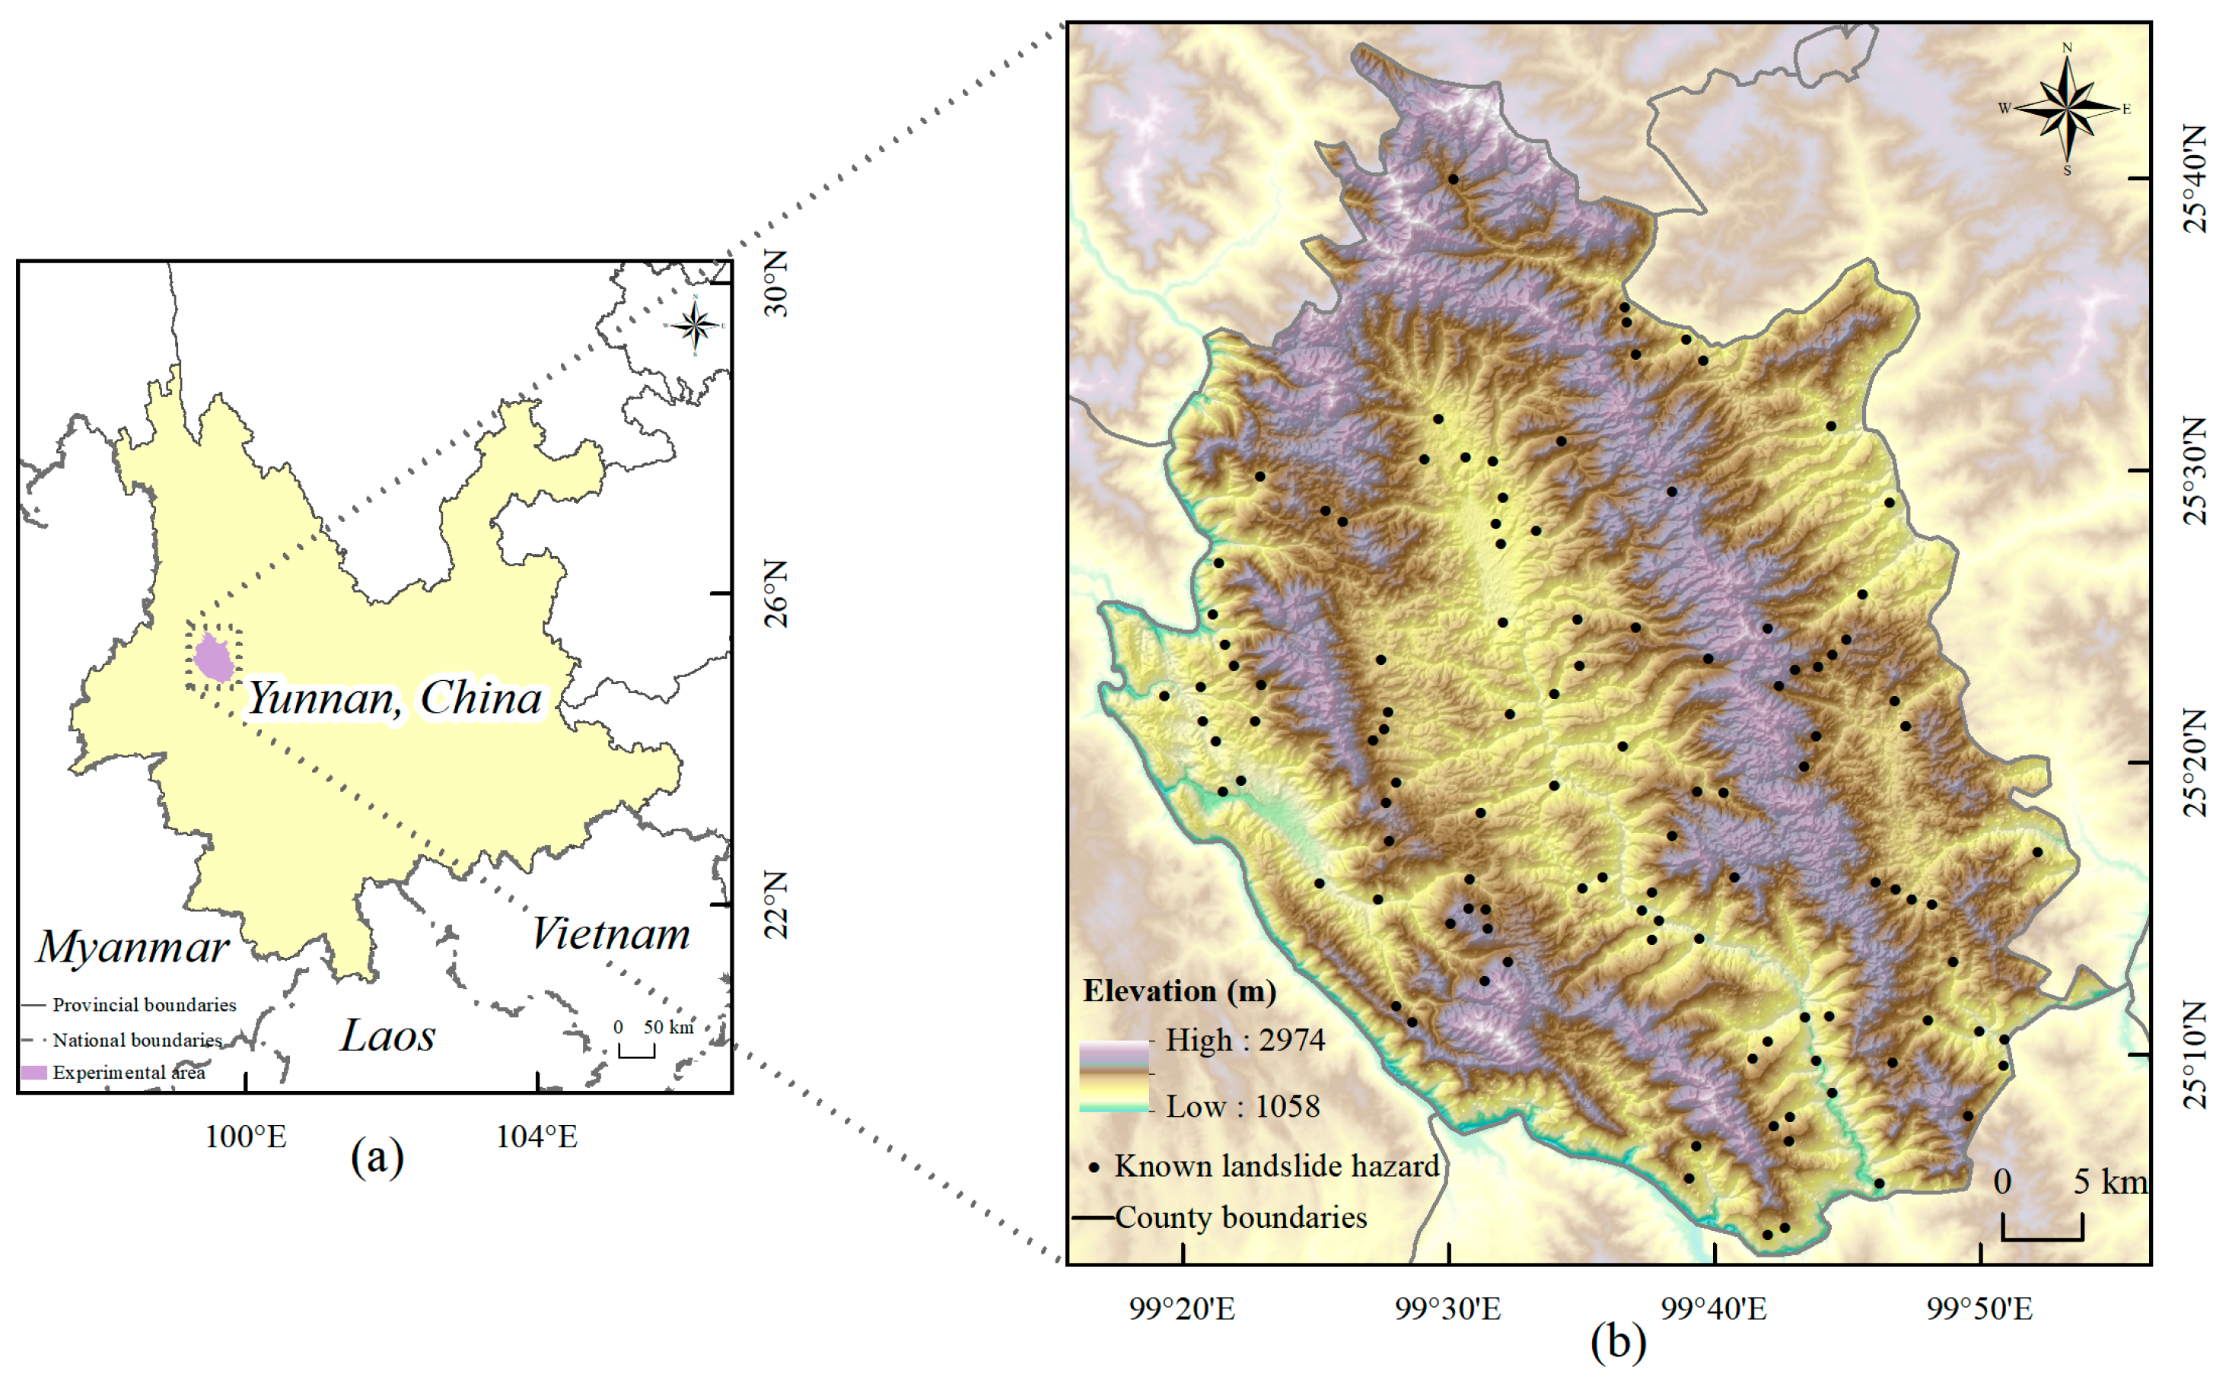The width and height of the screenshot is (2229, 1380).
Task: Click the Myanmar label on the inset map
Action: pos(133,946)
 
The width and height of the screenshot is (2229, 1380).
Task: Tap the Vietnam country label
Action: pos(610,933)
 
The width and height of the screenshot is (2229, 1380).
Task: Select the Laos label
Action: pos(388,1035)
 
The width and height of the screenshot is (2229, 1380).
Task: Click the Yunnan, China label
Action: pos(395,698)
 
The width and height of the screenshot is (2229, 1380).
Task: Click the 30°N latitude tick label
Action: pos(776,284)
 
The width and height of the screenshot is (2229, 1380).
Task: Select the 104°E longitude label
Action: pos(537,1137)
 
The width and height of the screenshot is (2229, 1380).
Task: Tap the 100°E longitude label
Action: pos(246,1137)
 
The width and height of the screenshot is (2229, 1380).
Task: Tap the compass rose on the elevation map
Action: pos(2067,109)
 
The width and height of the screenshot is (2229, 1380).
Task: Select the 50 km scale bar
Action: pos(636,1051)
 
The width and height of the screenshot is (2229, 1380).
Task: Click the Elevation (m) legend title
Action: pos(1180,992)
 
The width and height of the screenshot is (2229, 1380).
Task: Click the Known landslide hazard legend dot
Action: pos(1094,1167)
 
